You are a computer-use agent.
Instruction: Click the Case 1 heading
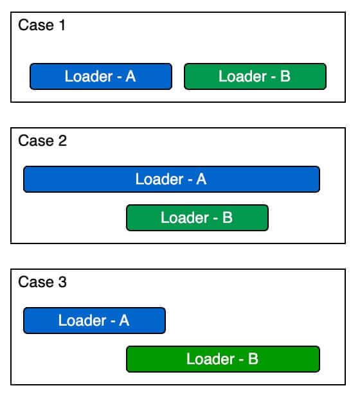tap(42, 25)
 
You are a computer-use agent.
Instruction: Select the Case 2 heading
tap(42, 141)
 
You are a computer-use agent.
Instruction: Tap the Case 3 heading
tap(42, 282)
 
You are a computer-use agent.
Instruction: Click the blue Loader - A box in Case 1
tap(101, 76)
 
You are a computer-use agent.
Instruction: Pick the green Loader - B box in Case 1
tap(255, 76)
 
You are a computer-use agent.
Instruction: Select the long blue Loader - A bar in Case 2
tap(172, 179)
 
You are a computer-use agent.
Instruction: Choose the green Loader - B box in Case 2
tap(197, 218)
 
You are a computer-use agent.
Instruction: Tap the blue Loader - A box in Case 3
tap(94, 321)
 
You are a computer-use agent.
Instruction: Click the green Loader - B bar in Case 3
tap(223, 359)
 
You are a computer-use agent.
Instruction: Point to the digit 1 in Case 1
tap(62, 25)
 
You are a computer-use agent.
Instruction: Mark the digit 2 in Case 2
tap(62, 141)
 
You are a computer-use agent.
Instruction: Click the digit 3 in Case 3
tap(62, 282)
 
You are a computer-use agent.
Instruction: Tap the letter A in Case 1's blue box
tap(130, 76)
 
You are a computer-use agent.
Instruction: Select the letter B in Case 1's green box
tap(285, 76)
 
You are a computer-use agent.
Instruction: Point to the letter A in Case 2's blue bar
tap(201, 179)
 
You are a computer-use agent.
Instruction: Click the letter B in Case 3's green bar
tap(253, 358)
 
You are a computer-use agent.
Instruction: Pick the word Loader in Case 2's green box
tap(184, 218)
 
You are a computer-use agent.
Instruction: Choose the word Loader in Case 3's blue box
tap(82, 321)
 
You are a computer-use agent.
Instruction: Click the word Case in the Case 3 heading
tap(36, 282)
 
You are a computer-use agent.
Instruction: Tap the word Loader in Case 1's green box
tap(242, 76)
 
